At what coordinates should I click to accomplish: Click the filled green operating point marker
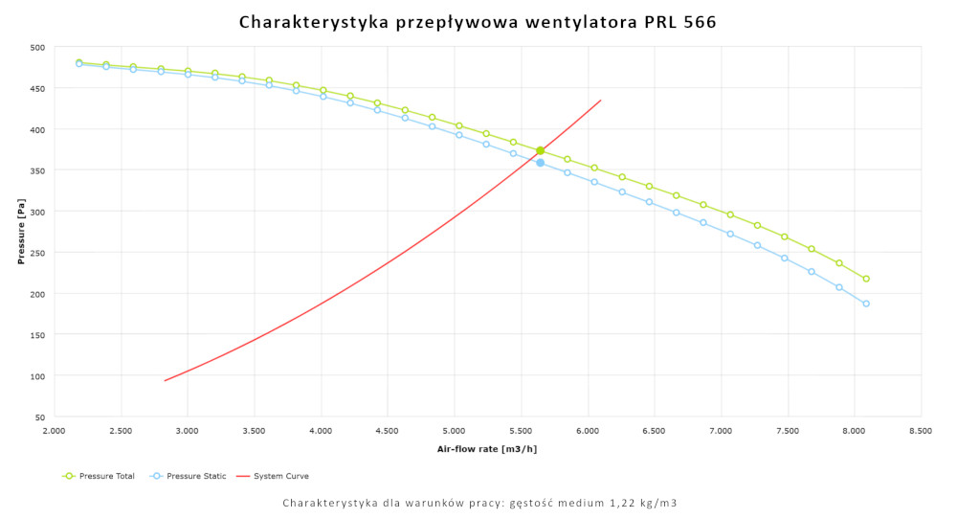(x=540, y=150)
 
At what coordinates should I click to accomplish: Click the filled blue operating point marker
(x=540, y=163)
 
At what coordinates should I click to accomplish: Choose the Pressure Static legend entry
(x=189, y=476)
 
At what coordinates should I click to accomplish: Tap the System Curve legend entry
(x=278, y=476)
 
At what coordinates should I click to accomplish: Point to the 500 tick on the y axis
(x=37, y=47)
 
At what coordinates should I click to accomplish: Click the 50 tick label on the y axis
(x=39, y=417)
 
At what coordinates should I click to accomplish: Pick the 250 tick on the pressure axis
(x=37, y=253)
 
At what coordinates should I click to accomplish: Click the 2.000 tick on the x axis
(x=54, y=432)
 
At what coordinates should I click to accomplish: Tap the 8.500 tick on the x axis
(x=921, y=432)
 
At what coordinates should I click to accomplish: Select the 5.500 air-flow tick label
(x=521, y=432)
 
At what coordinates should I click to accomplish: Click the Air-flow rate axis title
(x=486, y=448)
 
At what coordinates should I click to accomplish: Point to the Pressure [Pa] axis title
(x=21, y=232)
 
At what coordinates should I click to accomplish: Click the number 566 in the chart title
(x=698, y=20)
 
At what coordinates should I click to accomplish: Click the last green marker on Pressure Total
(x=866, y=279)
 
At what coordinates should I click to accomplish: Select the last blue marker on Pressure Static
(x=866, y=304)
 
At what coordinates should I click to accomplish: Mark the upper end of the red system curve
(x=600, y=101)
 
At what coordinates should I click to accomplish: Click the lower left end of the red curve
(x=166, y=380)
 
